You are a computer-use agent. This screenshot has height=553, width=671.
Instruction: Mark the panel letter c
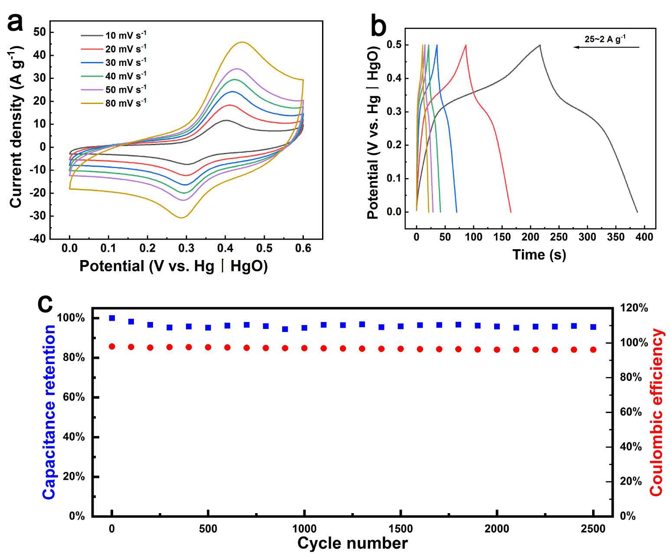coord(45,303)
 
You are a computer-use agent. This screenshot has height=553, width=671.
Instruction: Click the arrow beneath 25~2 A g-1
coord(606,47)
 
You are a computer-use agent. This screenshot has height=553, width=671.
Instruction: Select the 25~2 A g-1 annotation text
coord(605,39)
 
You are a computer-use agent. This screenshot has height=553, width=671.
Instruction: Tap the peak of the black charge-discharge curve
coord(540,45)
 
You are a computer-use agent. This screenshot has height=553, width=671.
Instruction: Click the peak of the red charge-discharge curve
coord(466,45)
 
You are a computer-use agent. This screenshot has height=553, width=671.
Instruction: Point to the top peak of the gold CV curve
coord(242,42)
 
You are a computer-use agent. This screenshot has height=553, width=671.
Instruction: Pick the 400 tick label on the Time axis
coord(644,237)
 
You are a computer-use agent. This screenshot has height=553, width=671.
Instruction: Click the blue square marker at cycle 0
coord(112,318)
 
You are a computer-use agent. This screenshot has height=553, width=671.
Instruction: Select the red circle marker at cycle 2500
coord(593,349)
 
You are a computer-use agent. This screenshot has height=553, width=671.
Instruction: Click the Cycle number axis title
coord(352,543)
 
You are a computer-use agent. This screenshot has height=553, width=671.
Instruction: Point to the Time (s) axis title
coord(539,254)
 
